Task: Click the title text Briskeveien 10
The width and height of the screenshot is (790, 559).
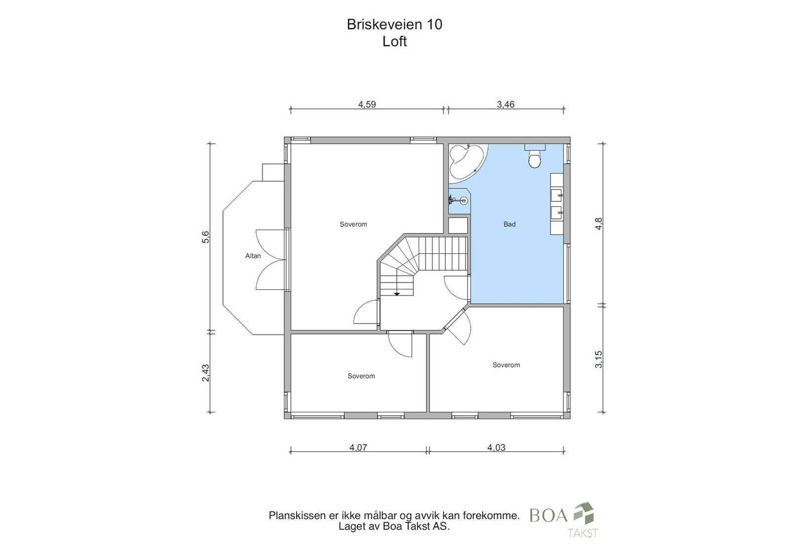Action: point(395,24)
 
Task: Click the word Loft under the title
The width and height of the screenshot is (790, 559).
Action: point(395,41)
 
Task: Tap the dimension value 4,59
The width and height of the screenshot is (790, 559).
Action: point(367,104)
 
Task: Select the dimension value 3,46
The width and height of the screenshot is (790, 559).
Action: point(506,104)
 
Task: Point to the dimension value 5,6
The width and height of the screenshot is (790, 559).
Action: point(205,237)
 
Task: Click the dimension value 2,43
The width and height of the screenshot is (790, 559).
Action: point(205,373)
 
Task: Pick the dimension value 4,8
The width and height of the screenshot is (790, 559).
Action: point(599,224)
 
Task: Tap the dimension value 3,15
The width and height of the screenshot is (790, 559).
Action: point(599,359)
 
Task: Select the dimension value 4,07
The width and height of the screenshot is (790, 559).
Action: point(358,447)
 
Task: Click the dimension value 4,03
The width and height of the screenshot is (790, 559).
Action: point(496,447)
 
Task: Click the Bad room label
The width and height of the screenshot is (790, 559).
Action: point(510,224)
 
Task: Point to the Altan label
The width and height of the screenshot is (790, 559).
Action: point(253,256)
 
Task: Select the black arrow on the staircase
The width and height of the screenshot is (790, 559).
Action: point(397,293)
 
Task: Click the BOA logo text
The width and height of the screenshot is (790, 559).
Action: point(549,515)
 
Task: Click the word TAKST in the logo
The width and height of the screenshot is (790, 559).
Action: point(583,533)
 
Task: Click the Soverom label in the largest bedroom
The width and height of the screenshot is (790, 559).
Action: point(354,224)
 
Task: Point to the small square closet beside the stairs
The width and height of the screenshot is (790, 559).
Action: point(458,225)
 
